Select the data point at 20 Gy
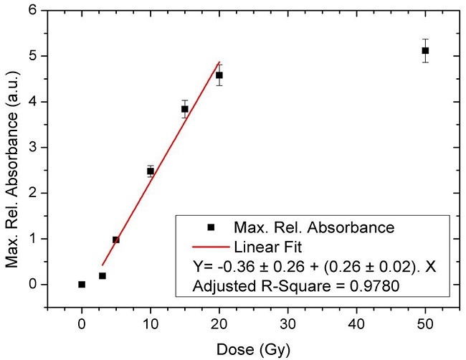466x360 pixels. pos(219,75)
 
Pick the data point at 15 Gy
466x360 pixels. pos(185,109)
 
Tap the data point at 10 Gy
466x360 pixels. pos(151,171)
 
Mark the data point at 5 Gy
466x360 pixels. pos(116,240)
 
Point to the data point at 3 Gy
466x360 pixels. pos(103,275)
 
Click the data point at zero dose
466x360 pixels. pos(82,284)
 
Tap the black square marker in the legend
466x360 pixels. pos(211,227)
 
